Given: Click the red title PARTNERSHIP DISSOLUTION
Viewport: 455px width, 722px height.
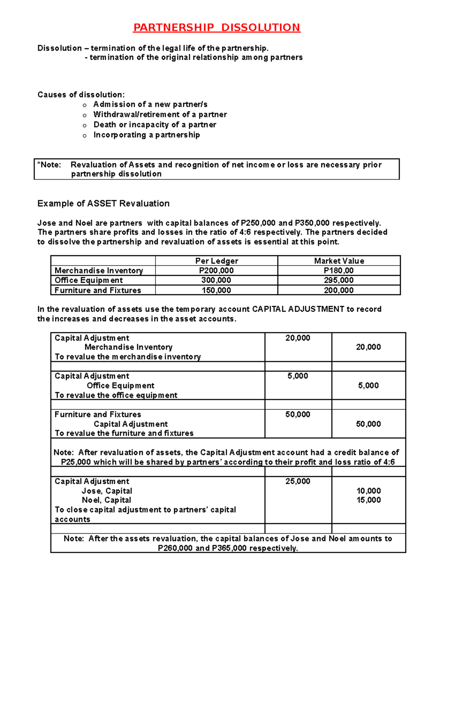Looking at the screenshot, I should click(x=217, y=28).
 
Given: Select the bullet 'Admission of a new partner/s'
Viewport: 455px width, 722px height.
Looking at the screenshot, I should click(x=150, y=104).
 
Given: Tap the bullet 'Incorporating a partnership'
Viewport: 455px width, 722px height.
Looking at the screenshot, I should click(x=146, y=135).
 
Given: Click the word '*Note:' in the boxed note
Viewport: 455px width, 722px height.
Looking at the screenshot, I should click(x=49, y=165).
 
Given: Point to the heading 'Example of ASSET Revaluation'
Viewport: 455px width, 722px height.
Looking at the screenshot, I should click(x=103, y=203).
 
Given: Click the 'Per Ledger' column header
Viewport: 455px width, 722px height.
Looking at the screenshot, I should click(x=217, y=261).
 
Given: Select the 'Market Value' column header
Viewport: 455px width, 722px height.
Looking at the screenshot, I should click(x=339, y=261).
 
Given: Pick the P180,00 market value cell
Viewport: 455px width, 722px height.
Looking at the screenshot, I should click(x=339, y=270).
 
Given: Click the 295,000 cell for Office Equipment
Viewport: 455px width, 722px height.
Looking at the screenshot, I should click(x=339, y=280).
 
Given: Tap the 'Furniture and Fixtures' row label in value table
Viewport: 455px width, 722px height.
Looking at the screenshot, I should click(x=98, y=290).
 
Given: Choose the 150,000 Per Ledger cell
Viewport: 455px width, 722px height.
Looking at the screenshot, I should click(x=216, y=290).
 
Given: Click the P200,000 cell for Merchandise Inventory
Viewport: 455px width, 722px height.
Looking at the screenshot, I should click(x=216, y=270).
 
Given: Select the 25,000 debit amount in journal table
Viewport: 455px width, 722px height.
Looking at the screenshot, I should click(x=298, y=481).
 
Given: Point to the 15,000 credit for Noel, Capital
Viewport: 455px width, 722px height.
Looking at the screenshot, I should click(x=368, y=500).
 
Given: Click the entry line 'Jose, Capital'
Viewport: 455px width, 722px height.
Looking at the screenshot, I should click(x=107, y=491).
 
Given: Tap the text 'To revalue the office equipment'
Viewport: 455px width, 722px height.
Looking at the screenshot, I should click(x=116, y=395).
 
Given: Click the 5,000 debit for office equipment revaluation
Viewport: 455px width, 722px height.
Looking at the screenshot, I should click(x=298, y=376).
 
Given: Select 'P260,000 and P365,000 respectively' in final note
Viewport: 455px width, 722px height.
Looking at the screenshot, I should click(x=228, y=548).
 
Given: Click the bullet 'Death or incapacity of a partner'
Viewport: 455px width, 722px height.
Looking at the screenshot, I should click(x=155, y=125).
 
